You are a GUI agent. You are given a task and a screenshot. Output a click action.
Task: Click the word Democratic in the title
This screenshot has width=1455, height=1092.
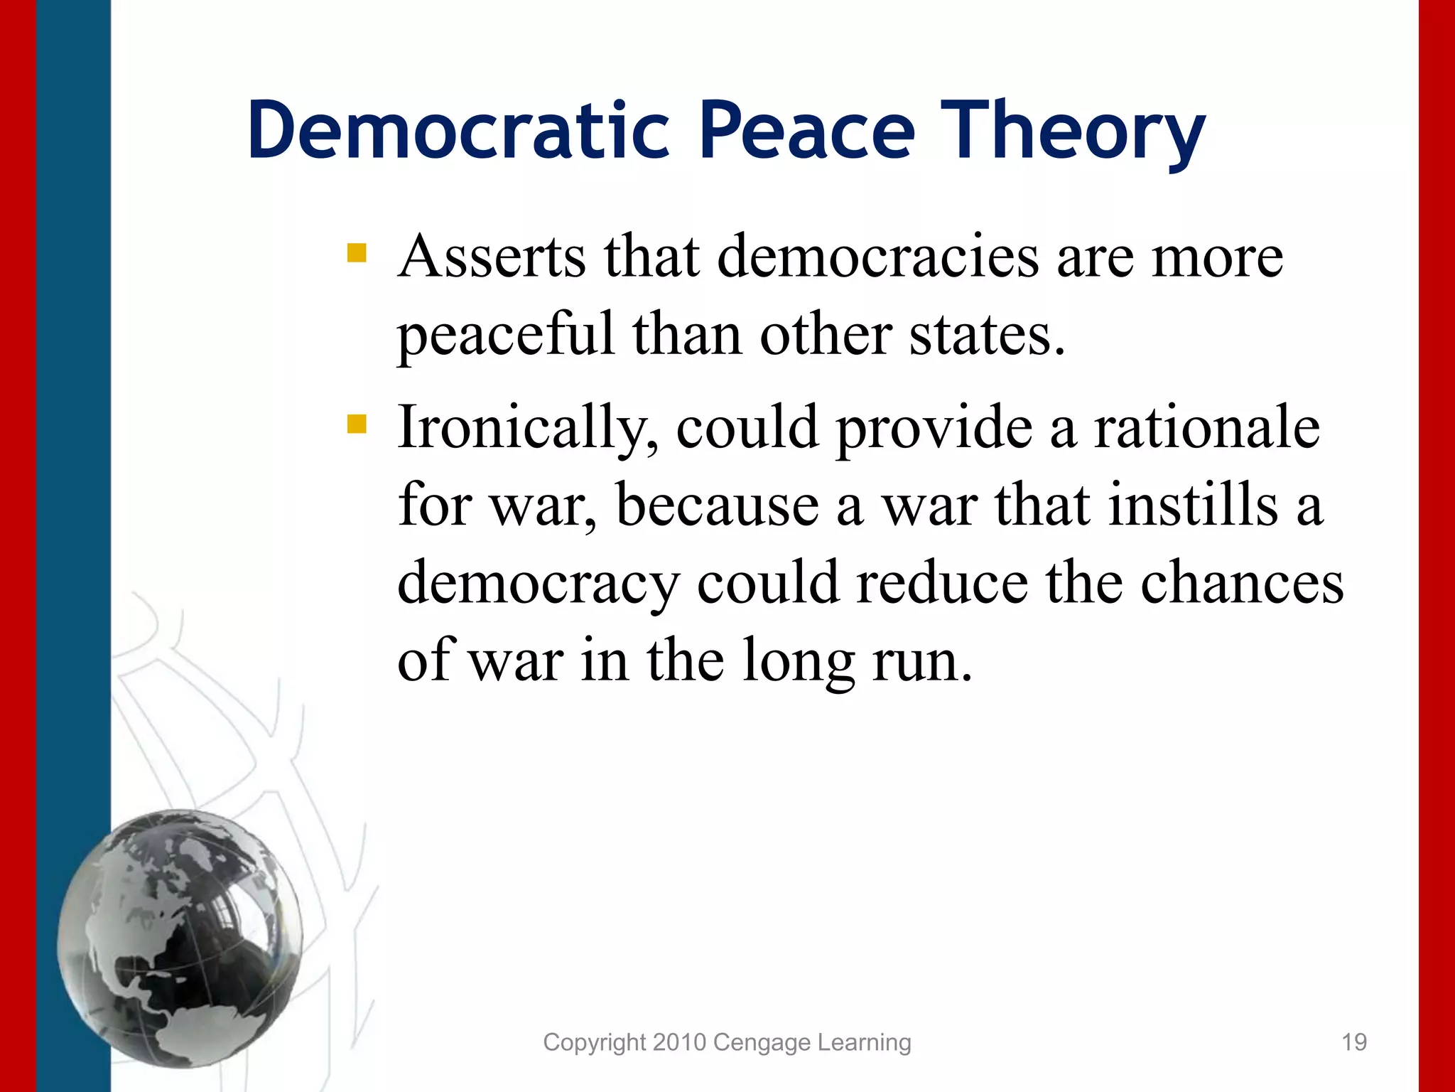(458, 132)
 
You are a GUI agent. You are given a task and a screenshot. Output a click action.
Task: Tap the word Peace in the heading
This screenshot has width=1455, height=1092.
(807, 132)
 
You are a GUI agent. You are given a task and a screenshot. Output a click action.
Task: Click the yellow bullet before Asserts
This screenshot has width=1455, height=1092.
(357, 253)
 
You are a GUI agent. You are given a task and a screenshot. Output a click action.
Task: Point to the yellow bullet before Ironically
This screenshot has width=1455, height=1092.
(357, 424)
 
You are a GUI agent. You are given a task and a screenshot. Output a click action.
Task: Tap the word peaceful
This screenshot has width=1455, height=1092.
(505, 334)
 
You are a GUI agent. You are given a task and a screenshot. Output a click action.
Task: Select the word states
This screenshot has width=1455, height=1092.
(987, 334)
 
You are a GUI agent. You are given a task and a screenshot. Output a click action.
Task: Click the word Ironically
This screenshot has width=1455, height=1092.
(526, 428)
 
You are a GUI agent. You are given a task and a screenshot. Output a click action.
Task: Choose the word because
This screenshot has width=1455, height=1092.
(718, 505)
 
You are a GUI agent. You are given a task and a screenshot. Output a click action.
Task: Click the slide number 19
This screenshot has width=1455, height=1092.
(1354, 1042)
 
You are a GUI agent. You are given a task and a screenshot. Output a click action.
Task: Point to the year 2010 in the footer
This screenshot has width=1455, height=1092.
(679, 1042)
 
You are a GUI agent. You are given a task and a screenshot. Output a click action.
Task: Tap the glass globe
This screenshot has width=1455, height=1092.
(180, 938)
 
